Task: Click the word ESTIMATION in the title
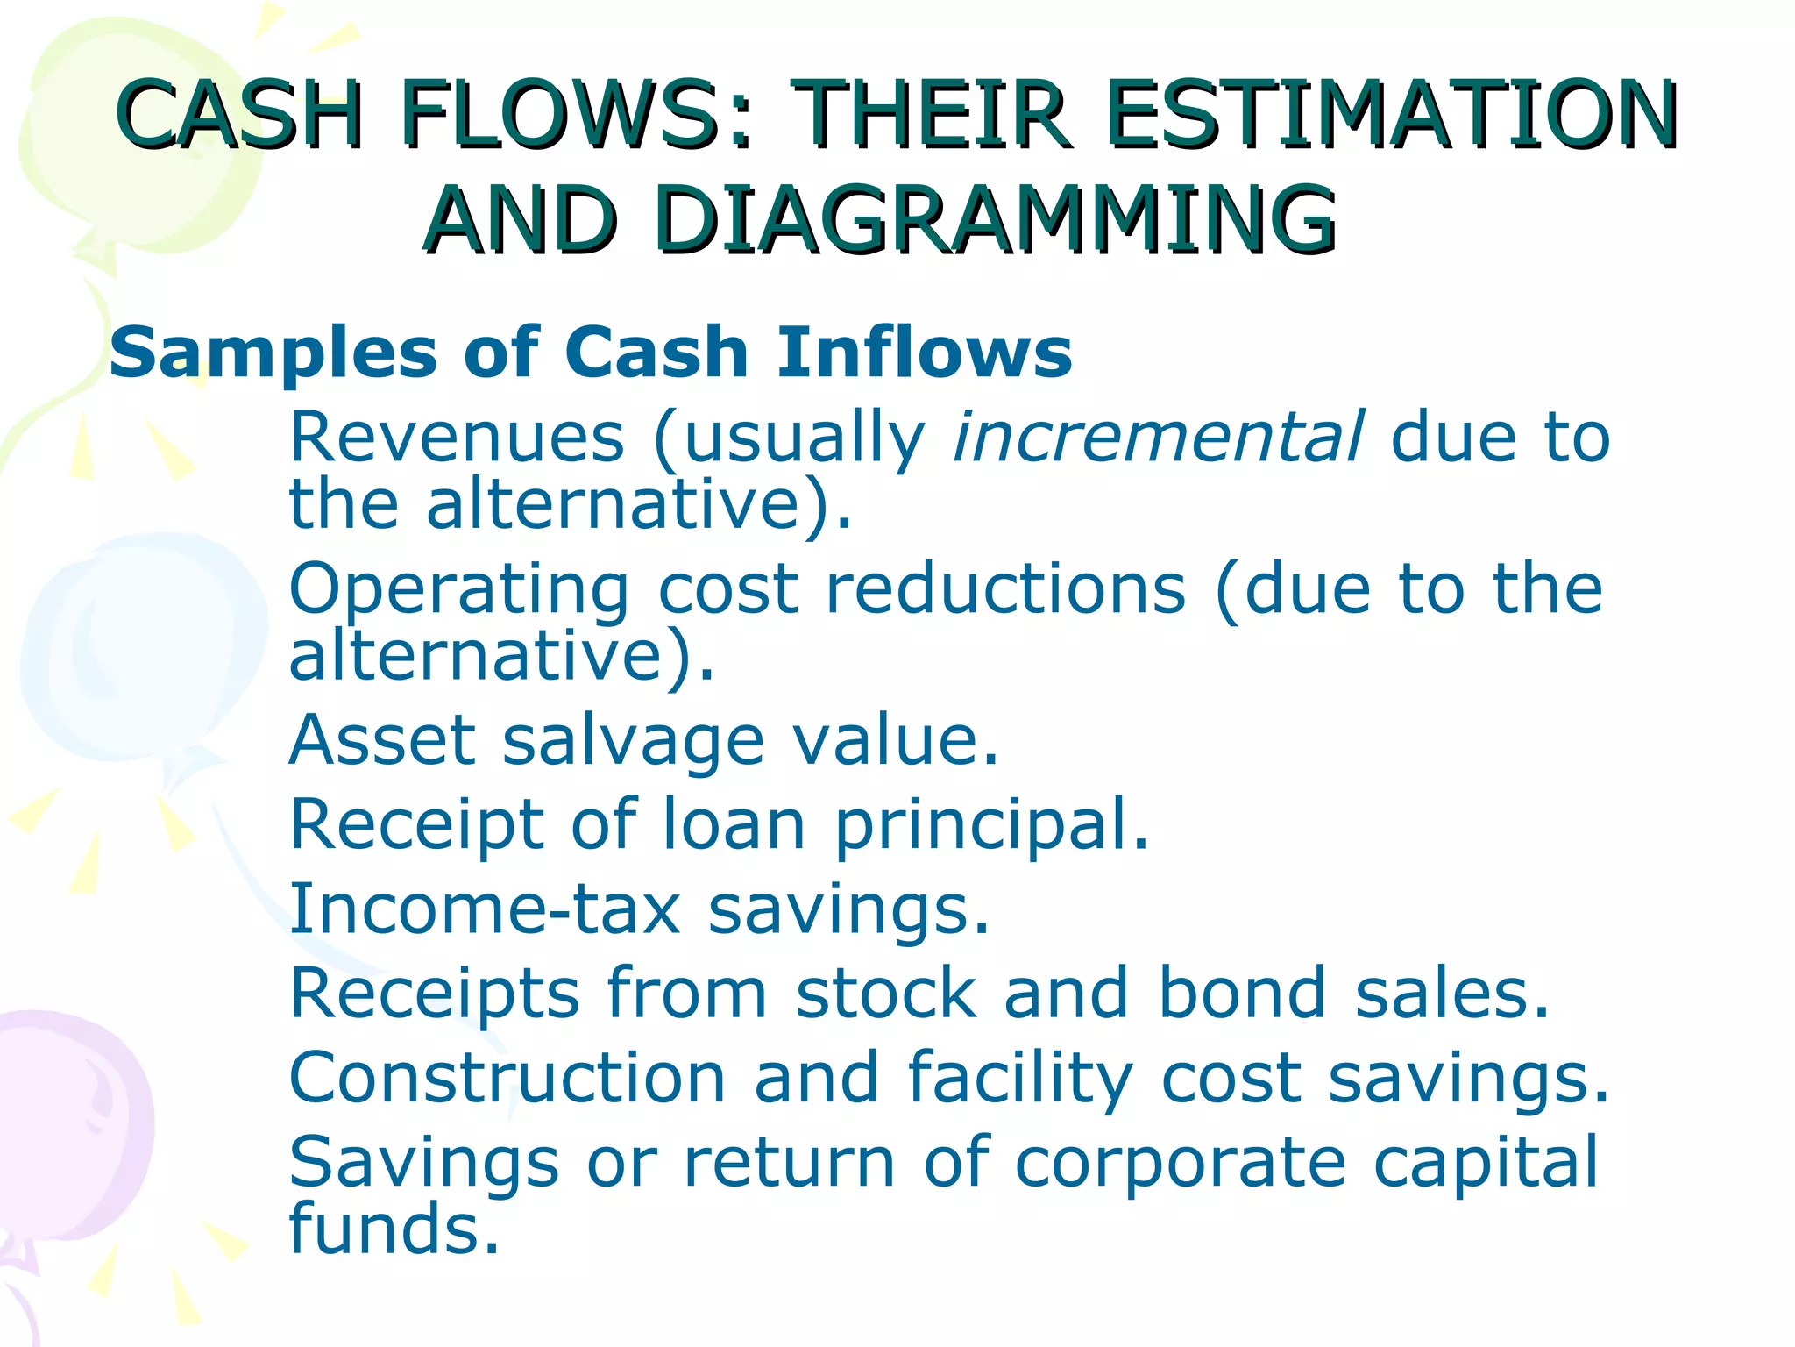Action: pos(1392,115)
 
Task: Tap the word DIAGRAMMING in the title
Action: pos(995,220)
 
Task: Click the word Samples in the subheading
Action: pos(273,353)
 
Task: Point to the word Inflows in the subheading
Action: pos(925,352)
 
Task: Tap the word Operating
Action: pos(458,589)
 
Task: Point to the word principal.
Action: pos(991,825)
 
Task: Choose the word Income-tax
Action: pos(485,909)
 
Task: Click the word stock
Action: pos(886,993)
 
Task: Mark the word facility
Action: pos(1020,1079)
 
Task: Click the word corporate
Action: pos(1180,1163)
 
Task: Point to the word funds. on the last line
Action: pos(394,1228)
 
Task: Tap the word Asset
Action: pos(382,741)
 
